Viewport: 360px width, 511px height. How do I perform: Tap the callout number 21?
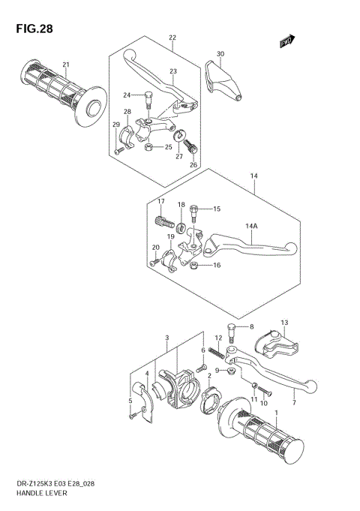66,64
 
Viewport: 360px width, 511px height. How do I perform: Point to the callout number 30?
220,54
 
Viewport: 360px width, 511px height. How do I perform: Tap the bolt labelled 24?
148,97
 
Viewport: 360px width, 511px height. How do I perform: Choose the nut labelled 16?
193,265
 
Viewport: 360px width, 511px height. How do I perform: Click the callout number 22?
172,37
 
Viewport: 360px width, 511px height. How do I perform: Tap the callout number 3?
167,337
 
